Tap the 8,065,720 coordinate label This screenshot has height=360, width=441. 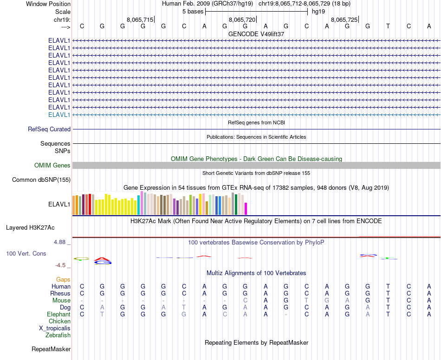pyautogui.click(x=242, y=19)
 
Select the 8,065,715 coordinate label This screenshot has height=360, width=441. pyautogui.click(x=140, y=19)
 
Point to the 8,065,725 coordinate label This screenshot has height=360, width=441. pyautogui.click(x=344, y=19)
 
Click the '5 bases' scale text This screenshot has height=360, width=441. pyautogui.click(x=193, y=12)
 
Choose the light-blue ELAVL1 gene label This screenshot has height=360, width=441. pyautogui.click(x=59, y=115)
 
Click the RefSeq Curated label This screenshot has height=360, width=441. pyautogui.click(x=49, y=129)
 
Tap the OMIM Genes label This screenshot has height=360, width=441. pyautogui.click(x=52, y=166)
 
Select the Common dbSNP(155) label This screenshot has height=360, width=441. pyautogui.click(x=41, y=180)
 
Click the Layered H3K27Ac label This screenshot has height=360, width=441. pyautogui.click(x=30, y=228)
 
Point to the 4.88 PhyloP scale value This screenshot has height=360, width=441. pyautogui.click(x=61, y=242)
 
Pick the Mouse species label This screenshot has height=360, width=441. pyautogui.click(x=61, y=301)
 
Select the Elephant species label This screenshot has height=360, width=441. pyautogui.click(x=58, y=315)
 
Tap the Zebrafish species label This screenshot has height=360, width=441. pyautogui.click(x=58, y=335)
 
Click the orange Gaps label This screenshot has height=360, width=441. pyautogui.click(x=63, y=280)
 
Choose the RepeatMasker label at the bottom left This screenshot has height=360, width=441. pyautogui.click(x=51, y=349)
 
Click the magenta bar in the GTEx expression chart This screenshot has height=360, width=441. pyautogui.click(x=246, y=209)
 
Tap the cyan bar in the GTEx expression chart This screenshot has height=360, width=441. pyautogui.click(x=139, y=206)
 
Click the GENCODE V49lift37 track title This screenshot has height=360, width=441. pyautogui.click(x=256, y=34)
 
